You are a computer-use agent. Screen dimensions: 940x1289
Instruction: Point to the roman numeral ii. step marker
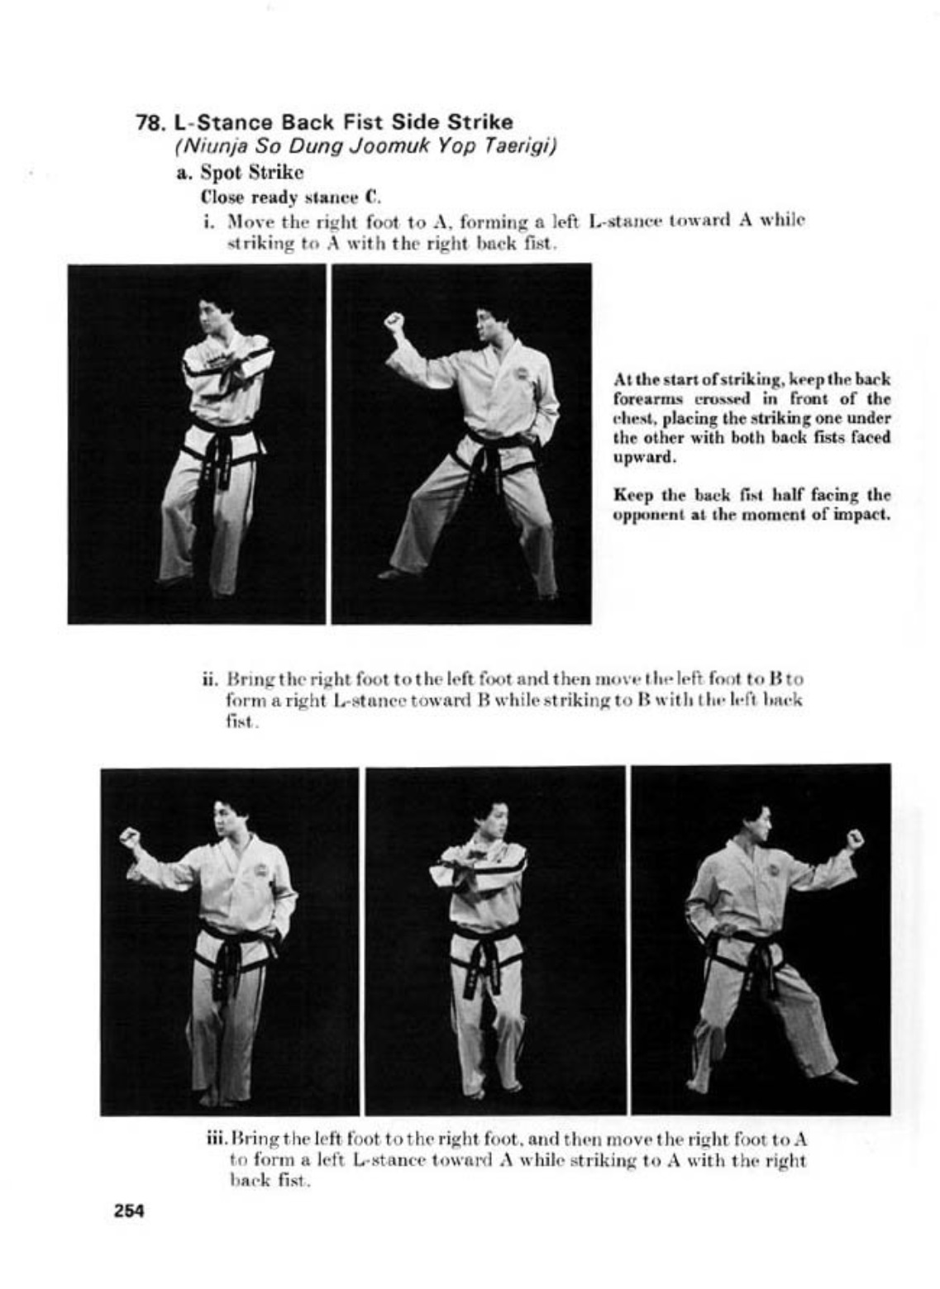point(209,679)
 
